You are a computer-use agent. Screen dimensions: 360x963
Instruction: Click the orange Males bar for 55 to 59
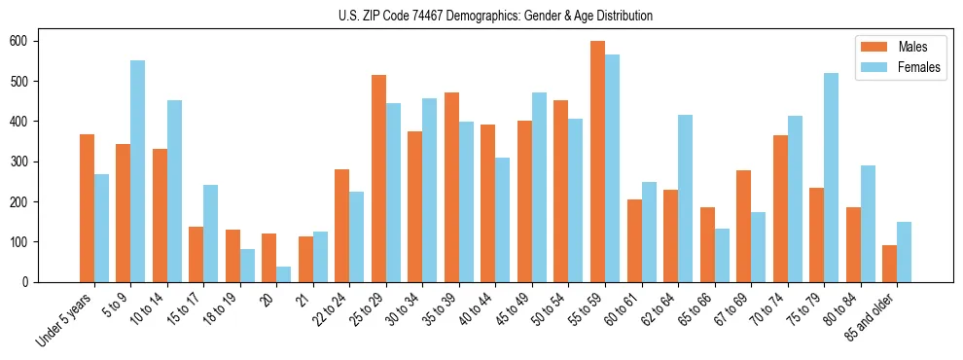(597, 162)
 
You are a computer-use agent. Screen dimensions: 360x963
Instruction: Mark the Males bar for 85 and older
(889, 264)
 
